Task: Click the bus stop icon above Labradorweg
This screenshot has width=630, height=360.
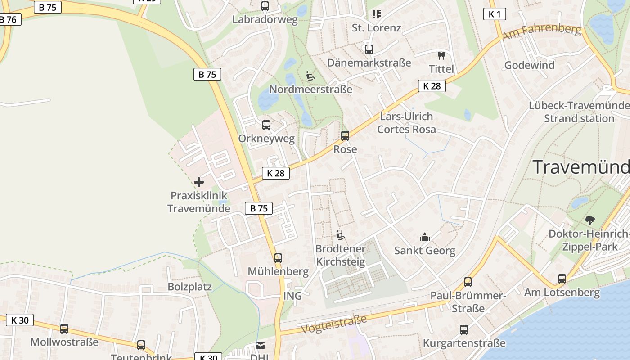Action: coord(265,6)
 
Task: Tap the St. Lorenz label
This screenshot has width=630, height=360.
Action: coord(376,28)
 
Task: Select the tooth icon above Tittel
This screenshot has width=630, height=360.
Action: coord(441,56)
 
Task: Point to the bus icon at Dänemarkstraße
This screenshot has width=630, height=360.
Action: coord(369,49)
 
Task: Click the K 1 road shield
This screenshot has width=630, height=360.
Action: coord(495,14)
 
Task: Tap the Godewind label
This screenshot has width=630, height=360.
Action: coord(529,65)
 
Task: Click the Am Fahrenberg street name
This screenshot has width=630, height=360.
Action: coord(542,32)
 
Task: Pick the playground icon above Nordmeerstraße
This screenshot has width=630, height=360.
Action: coord(310,76)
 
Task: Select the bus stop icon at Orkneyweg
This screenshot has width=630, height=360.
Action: coord(266,125)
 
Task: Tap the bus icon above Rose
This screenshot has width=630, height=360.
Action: coord(345,135)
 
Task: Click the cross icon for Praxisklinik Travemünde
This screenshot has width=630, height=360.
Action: coord(198,182)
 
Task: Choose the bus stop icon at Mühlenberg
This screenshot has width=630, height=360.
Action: coord(278,258)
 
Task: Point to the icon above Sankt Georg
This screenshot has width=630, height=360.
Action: coord(424,237)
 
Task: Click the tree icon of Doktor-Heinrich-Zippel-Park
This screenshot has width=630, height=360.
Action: coord(589,220)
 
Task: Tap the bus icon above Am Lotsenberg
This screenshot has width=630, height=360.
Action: coord(562,279)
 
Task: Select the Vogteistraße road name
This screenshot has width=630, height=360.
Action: coord(333,324)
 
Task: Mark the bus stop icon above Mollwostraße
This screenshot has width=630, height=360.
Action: coord(64,329)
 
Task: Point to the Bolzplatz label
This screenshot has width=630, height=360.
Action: coord(189,287)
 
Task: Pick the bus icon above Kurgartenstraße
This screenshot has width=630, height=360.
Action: coord(464,330)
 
